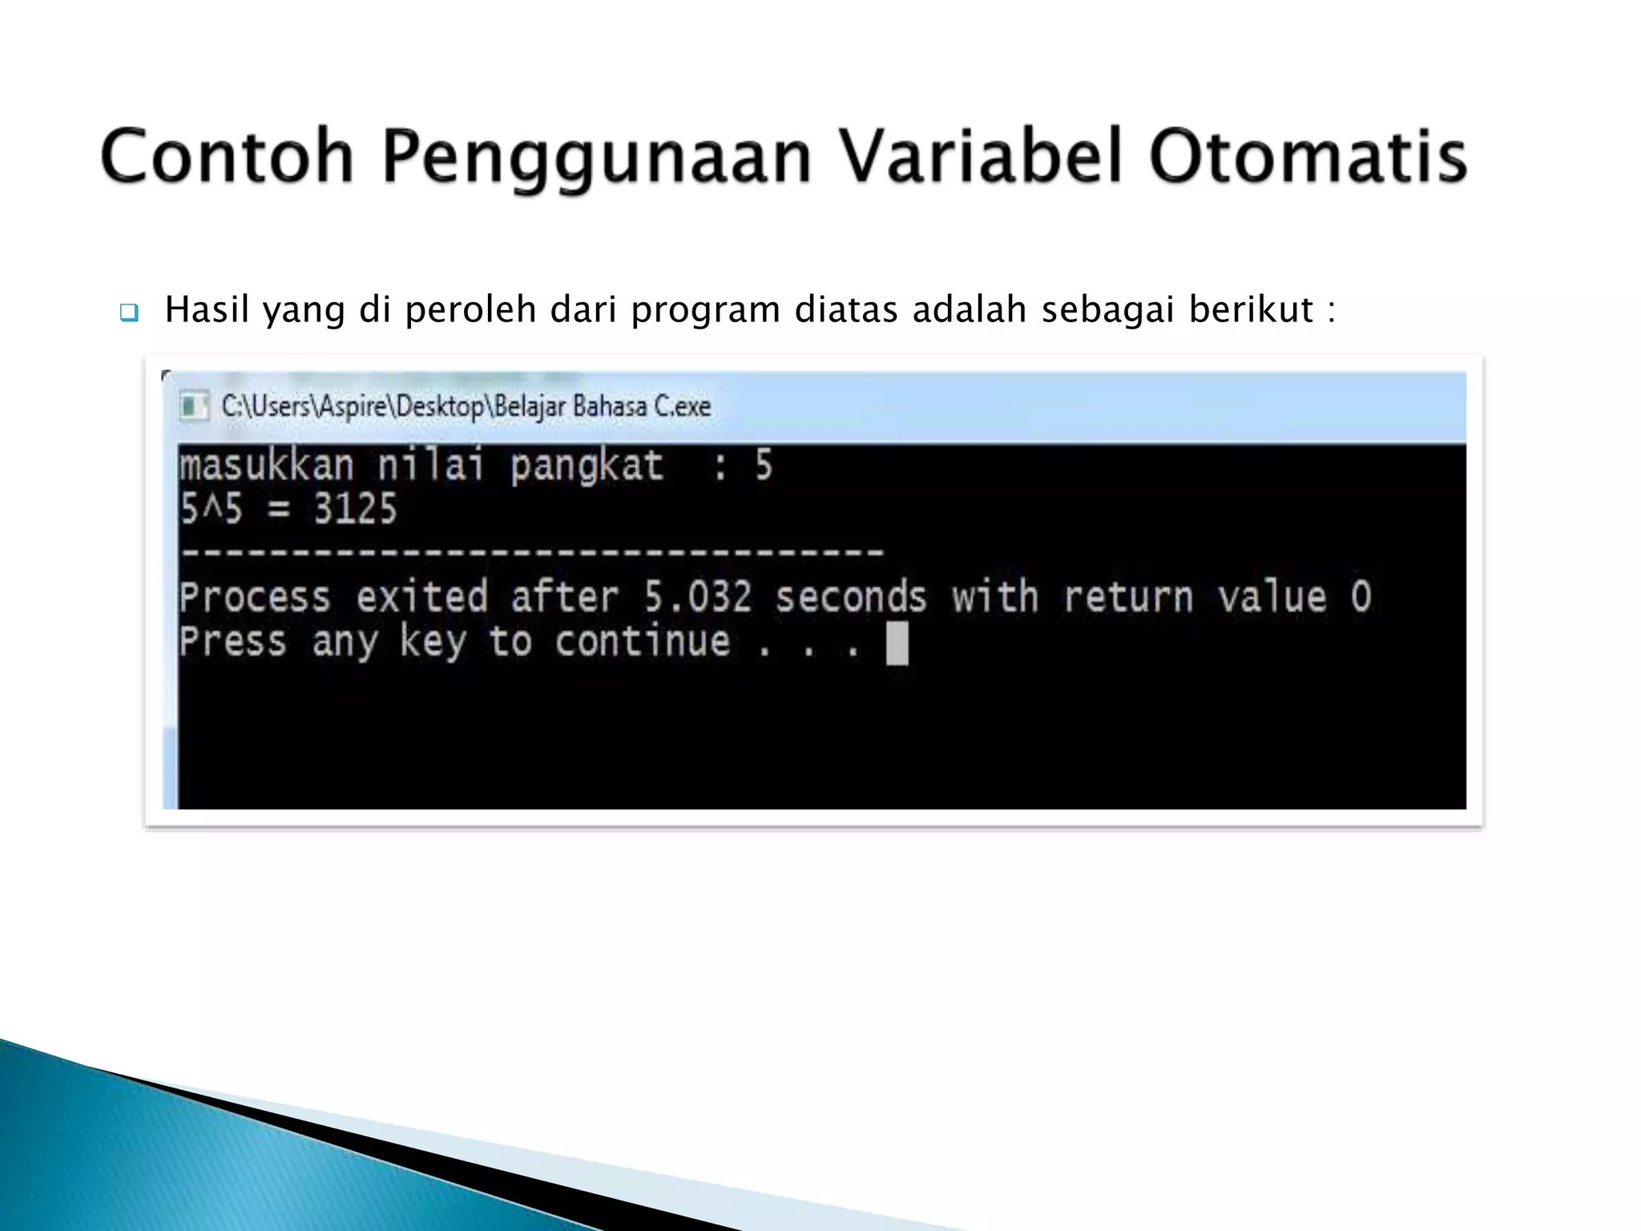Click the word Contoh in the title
coord(227,156)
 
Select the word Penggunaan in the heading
coord(596,158)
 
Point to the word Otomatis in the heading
coord(1308,156)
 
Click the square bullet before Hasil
coord(128,312)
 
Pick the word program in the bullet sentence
coord(705,310)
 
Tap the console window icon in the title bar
coord(193,406)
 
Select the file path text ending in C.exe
coord(466,406)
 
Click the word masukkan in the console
coord(266,466)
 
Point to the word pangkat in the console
coord(587,466)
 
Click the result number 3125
coord(355,509)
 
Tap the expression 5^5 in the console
coord(211,509)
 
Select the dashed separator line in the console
coord(532,552)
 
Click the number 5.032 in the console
coord(698,597)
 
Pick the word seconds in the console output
coord(850,597)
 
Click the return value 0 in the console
coord(1361,597)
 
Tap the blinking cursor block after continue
coord(897,644)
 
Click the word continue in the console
coord(643,641)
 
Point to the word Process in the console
coord(255,597)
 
